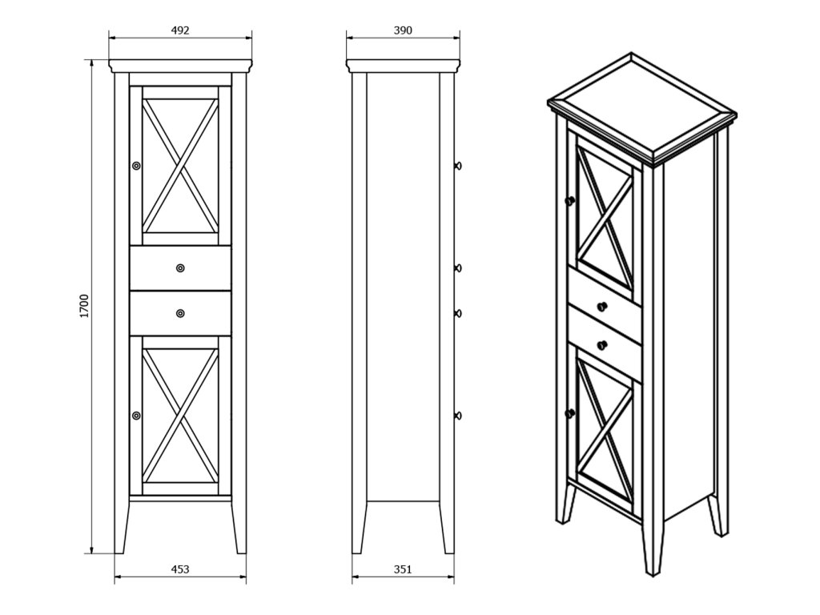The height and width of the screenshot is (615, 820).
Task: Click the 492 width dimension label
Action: (180, 30)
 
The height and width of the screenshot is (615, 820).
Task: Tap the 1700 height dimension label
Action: (85, 306)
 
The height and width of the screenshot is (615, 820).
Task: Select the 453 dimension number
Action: (180, 569)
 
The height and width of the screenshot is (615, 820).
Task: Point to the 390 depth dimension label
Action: (403, 30)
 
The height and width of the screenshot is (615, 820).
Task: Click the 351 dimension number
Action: (403, 569)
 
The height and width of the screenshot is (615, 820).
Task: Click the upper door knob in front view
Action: (136, 166)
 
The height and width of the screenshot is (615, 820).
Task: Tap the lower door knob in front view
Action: (136, 416)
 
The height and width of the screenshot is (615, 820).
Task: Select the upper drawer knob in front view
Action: (180, 268)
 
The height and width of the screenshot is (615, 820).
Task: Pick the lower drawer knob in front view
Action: (180, 313)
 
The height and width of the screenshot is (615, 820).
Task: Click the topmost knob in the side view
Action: (458, 166)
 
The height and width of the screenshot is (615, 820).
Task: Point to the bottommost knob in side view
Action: (458, 416)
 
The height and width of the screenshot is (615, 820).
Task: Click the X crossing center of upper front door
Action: (180, 165)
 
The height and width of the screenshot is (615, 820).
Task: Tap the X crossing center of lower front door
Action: (180, 416)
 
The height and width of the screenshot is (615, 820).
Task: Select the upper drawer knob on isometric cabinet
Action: (602, 306)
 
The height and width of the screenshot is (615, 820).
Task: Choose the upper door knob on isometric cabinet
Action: (570, 200)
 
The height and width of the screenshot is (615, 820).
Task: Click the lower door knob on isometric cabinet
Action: (570, 413)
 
